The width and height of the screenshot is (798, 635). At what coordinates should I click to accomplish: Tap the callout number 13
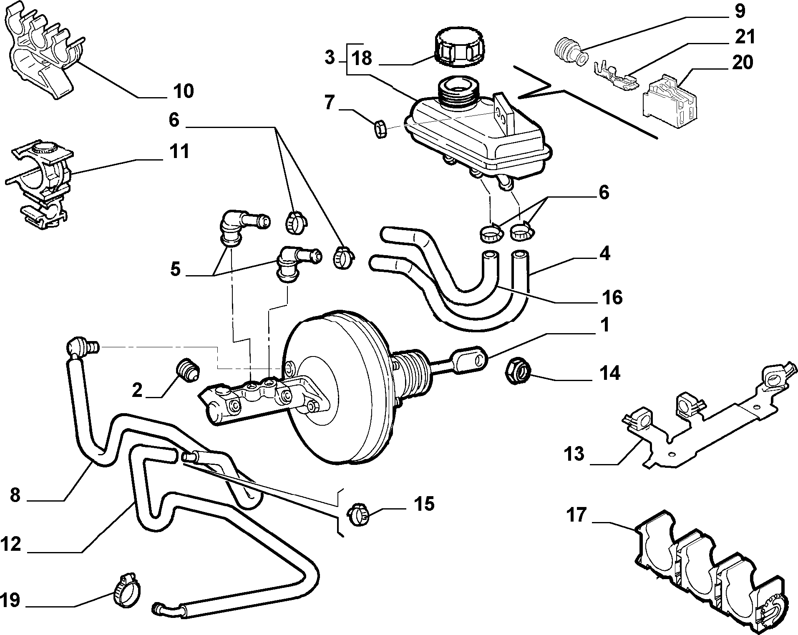[574, 453]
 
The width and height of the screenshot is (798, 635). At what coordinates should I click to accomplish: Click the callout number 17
[577, 514]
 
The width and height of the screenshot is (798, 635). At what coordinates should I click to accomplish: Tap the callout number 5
[176, 269]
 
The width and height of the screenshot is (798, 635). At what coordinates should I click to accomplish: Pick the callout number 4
[605, 253]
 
